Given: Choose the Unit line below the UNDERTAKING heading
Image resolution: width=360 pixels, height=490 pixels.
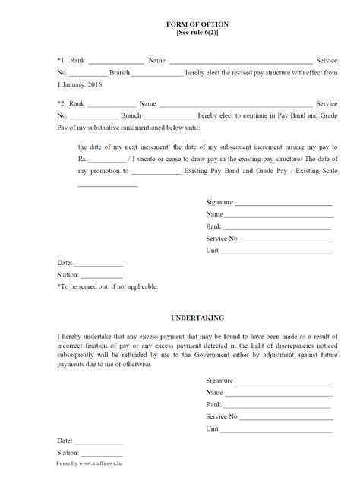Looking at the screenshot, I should tap(277, 428).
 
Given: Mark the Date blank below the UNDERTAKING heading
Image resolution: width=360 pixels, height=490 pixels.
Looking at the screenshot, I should tap(99, 441).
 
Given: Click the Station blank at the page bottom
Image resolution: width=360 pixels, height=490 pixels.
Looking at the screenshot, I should tap(101, 453).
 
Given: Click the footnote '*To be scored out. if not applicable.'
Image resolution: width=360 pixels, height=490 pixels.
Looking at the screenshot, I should tap(107, 286).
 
